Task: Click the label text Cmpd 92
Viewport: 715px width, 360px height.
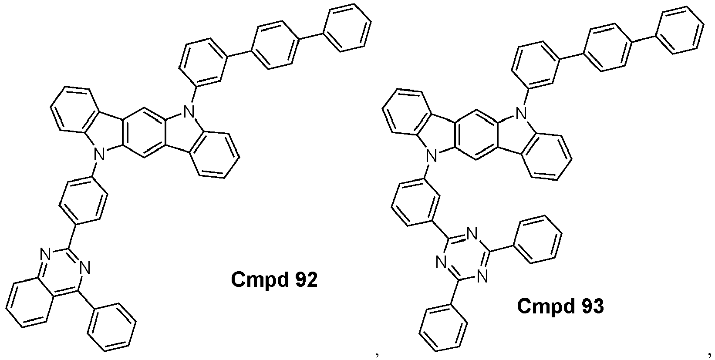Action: (274, 280)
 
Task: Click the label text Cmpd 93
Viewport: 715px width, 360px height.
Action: (560, 306)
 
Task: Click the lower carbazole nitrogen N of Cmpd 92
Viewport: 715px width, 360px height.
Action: (100, 155)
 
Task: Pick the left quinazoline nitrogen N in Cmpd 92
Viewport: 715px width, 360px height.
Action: (45, 254)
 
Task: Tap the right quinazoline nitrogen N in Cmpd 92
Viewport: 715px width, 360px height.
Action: (85, 267)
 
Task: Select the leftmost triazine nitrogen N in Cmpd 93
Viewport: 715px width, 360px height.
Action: (441, 262)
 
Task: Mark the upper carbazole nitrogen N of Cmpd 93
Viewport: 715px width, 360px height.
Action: (522, 113)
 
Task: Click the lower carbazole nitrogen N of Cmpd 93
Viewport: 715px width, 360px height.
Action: (432, 156)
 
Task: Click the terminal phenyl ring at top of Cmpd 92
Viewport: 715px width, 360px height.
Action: (347, 27)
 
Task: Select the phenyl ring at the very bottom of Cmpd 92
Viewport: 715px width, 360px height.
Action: (111, 327)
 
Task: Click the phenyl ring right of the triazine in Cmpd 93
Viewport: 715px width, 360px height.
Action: (536, 239)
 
